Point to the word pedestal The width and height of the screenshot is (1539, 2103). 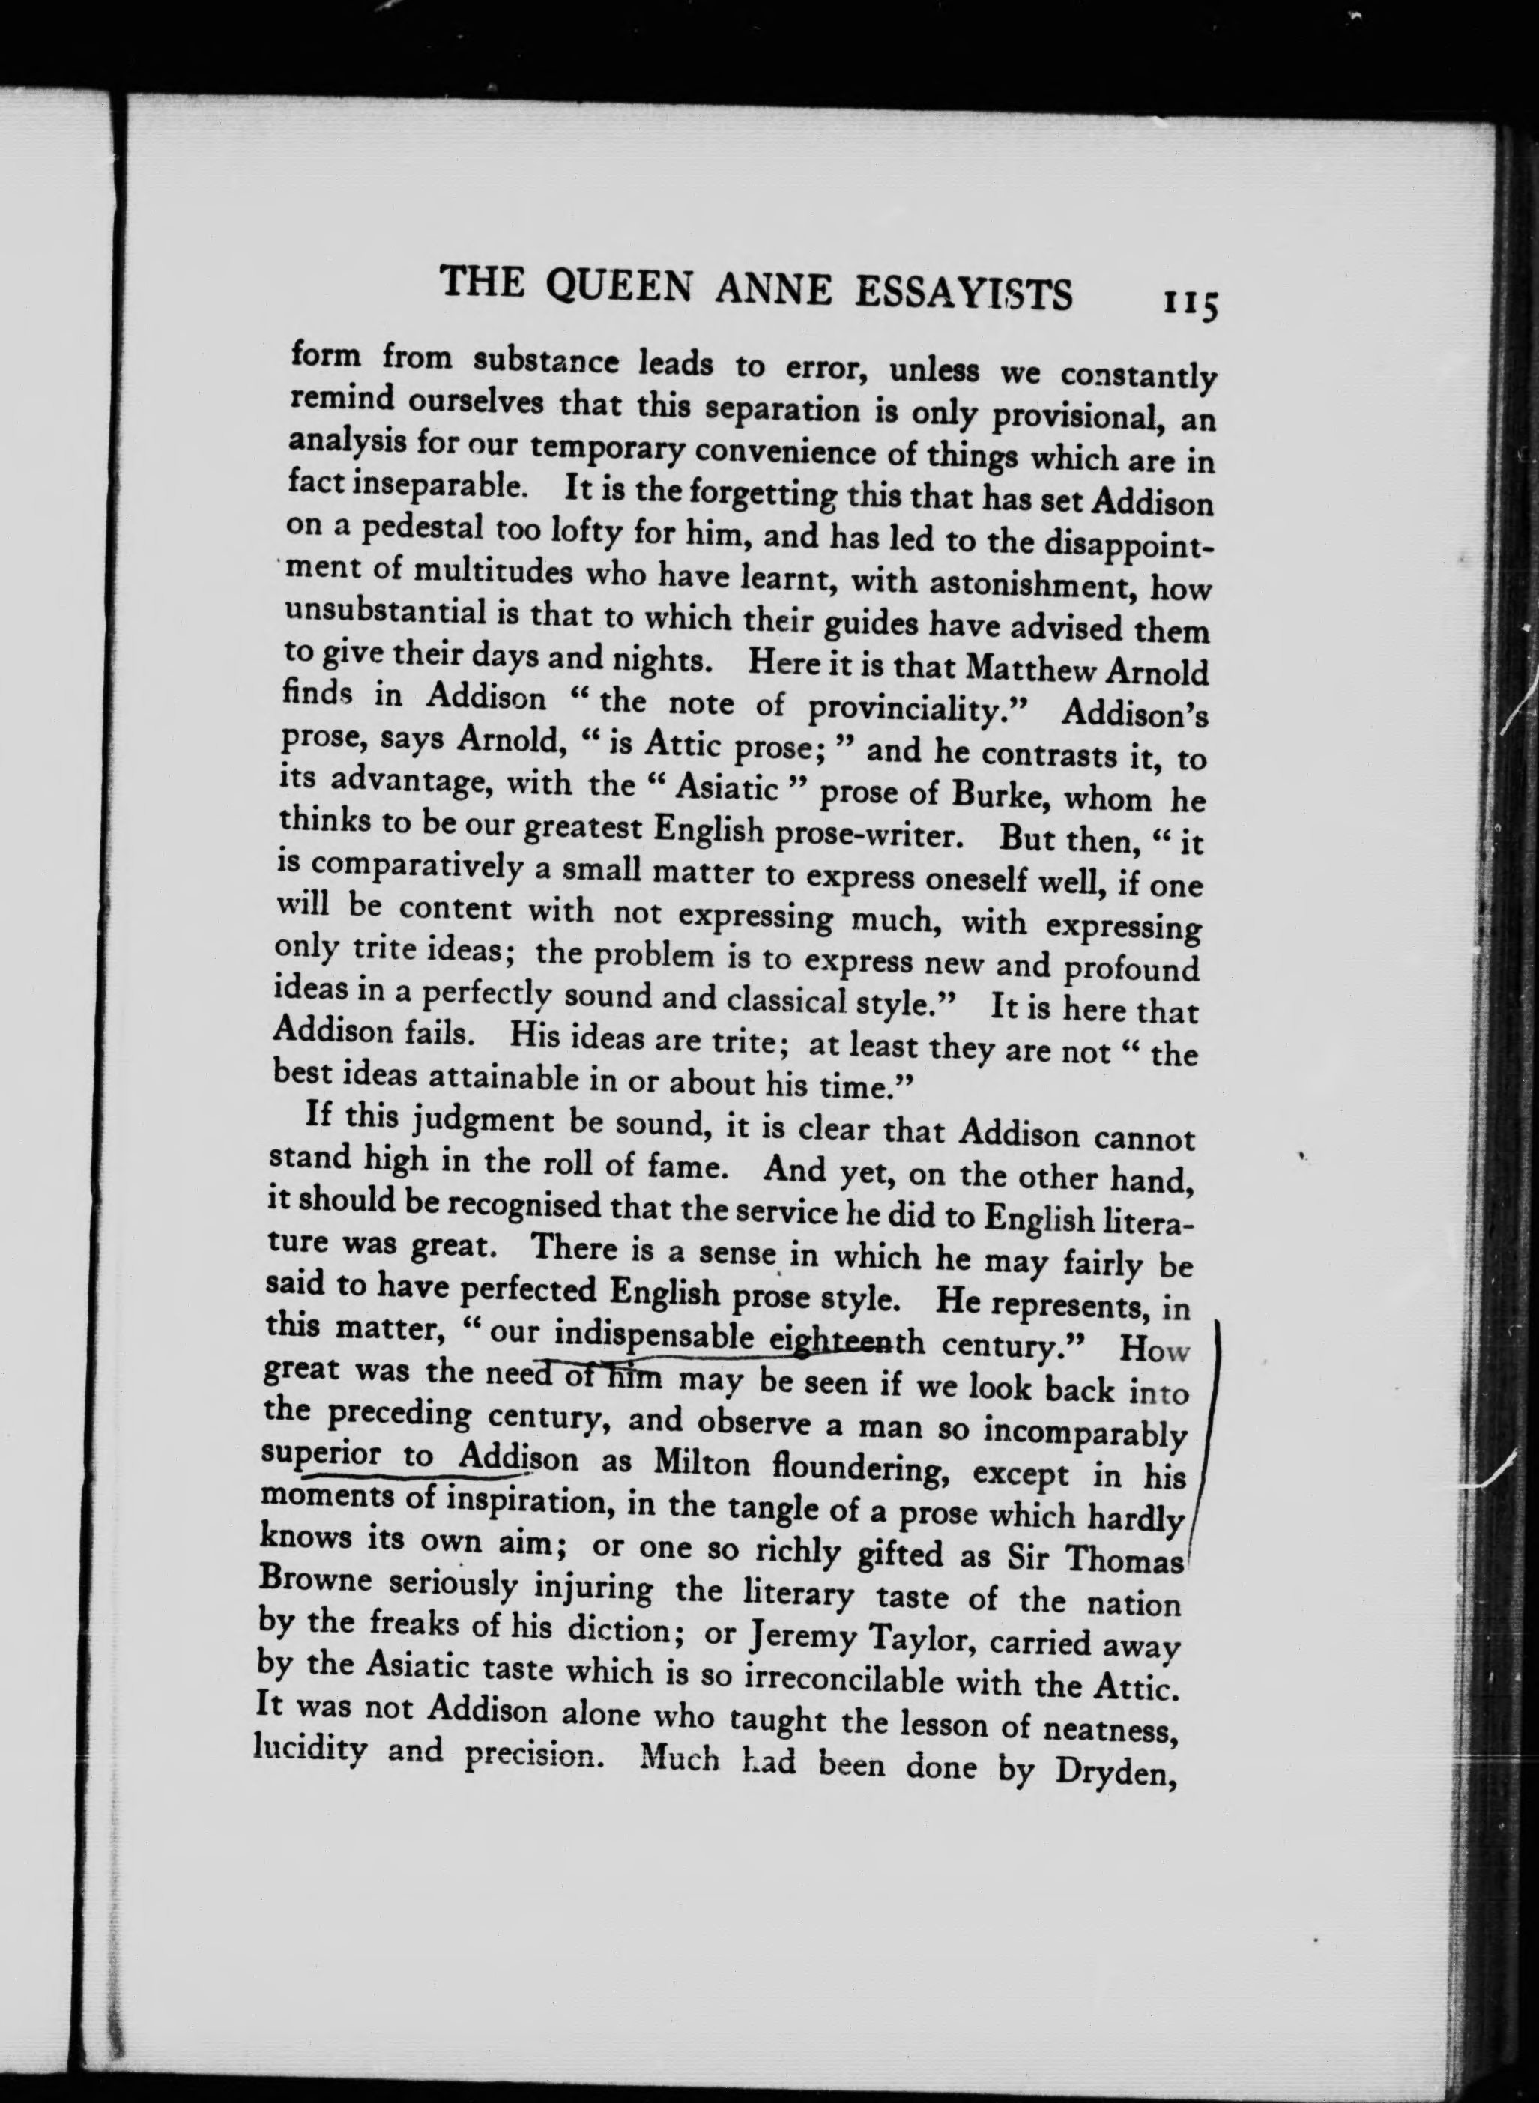(x=429, y=532)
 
